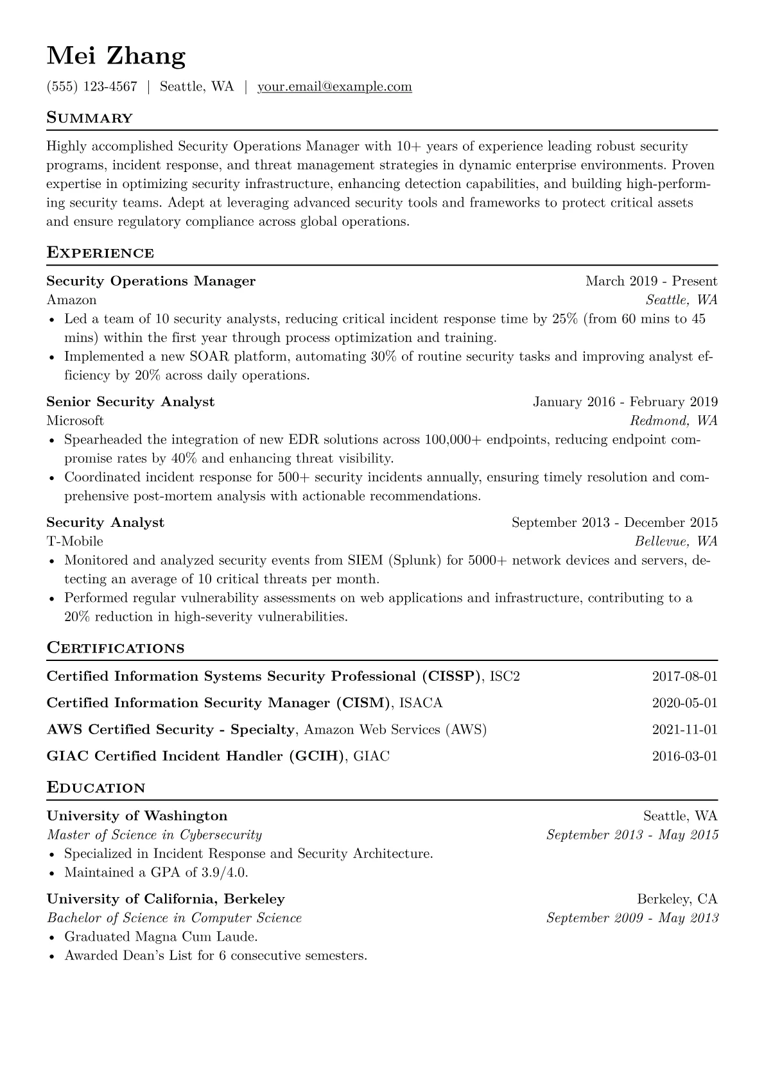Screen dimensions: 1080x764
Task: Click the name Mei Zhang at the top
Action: pos(116,56)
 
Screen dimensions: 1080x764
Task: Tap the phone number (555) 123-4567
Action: pos(92,87)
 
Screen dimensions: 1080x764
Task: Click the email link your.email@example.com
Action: pos(334,87)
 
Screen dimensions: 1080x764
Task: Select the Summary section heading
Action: pos(90,118)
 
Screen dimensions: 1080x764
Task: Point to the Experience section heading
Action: pos(100,253)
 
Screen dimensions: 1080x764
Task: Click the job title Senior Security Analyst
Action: pos(130,402)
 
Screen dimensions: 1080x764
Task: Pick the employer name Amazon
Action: pos(71,300)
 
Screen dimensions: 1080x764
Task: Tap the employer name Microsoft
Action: pos(75,420)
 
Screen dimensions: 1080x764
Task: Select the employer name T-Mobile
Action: pos(74,541)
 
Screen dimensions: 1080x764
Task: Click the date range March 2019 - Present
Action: pos(651,281)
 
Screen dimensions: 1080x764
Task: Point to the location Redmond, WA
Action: pos(673,420)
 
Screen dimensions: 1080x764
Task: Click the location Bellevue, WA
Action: pos(676,541)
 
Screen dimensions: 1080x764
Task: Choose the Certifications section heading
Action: pos(116,648)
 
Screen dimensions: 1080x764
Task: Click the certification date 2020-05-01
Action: pos(684,703)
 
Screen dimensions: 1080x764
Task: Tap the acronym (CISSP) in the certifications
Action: pos(451,676)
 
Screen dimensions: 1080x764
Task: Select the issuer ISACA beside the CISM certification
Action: pos(421,703)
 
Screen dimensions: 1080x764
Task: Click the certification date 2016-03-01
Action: pos(684,756)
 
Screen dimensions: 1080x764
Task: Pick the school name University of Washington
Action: pos(137,816)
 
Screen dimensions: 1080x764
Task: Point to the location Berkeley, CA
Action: pos(677,898)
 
